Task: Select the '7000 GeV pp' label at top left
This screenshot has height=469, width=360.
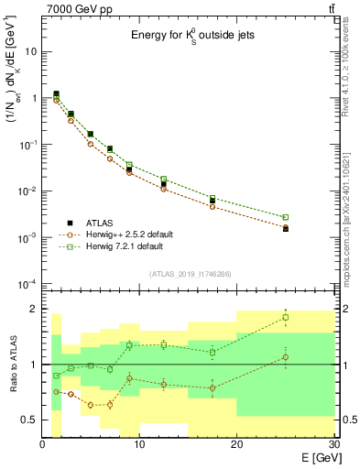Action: point(80,8)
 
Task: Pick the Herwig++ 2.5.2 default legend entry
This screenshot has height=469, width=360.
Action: point(128,234)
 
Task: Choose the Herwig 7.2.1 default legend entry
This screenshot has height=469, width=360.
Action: point(125,246)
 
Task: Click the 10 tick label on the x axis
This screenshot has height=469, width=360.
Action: point(139,444)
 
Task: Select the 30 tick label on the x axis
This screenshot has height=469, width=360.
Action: point(333,444)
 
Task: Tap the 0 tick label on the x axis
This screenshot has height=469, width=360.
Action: point(43,444)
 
